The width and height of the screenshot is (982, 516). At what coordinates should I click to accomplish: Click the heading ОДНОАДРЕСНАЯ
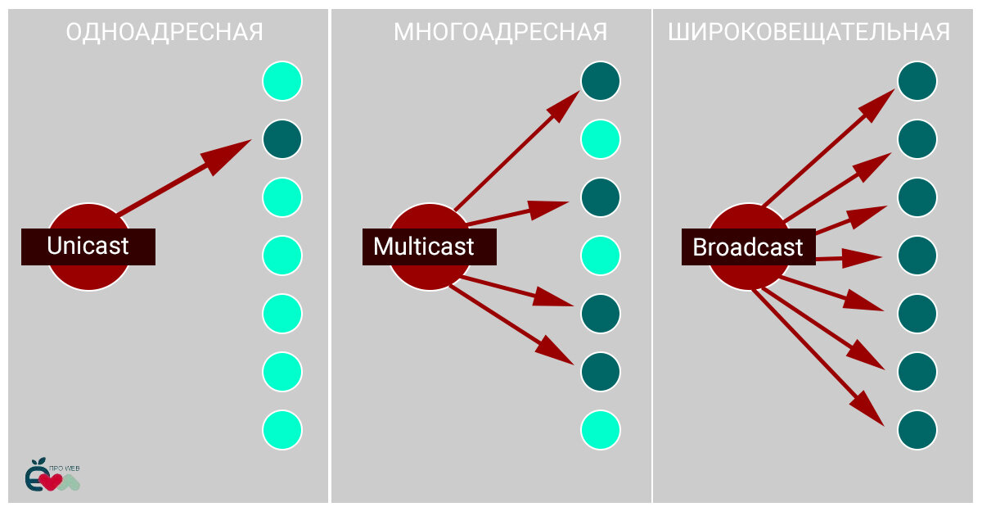click(164, 33)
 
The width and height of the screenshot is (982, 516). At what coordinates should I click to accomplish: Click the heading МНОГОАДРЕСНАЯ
click(500, 33)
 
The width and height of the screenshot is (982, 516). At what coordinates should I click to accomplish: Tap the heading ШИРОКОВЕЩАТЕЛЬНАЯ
click(809, 33)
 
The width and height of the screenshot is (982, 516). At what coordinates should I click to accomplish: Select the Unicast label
click(88, 247)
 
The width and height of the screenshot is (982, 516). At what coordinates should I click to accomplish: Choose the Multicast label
click(424, 247)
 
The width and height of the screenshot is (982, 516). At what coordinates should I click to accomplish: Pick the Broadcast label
click(748, 247)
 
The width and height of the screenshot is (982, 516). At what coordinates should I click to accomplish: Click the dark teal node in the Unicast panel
click(282, 139)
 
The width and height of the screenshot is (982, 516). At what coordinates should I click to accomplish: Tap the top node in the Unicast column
click(282, 81)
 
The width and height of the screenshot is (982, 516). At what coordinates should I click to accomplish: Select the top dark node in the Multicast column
click(601, 81)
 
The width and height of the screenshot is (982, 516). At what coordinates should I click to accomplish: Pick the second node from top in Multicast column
click(601, 139)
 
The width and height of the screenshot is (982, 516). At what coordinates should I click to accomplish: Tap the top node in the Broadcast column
click(917, 81)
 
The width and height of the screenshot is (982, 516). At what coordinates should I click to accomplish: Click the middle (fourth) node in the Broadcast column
click(917, 256)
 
